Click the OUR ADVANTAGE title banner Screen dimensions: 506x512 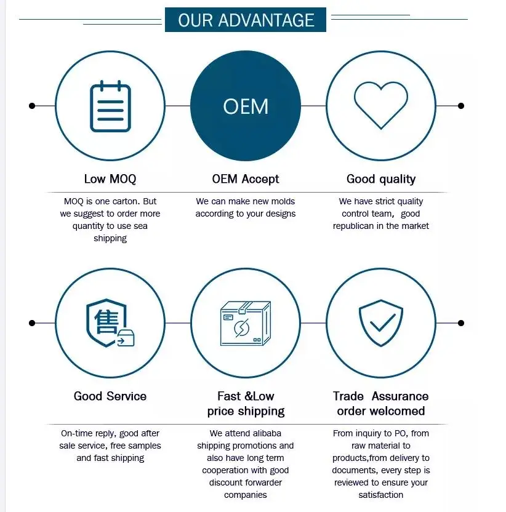pyautogui.click(x=246, y=20)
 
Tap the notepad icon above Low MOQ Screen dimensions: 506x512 pyautogui.click(x=110, y=106)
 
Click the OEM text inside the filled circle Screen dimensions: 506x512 pyautogui.click(x=246, y=106)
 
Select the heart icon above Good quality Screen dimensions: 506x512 pyautogui.click(x=381, y=105)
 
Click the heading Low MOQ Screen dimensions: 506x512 pyautogui.click(x=110, y=179)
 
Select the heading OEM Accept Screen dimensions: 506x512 pyautogui.click(x=246, y=179)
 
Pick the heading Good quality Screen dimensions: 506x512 pyautogui.click(x=381, y=179)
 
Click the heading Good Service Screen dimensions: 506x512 pyautogui.click(x=110, y=396)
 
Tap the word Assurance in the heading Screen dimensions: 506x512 pyautogui.click(x=400, y=396)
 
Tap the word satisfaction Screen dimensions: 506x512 pyautogui.click(x=381, y=495)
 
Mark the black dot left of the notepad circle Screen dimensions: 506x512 pyautogui.click(x=32, y=106)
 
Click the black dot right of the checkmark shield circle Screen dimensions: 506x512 pyautogui.click(x=461, y=323)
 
